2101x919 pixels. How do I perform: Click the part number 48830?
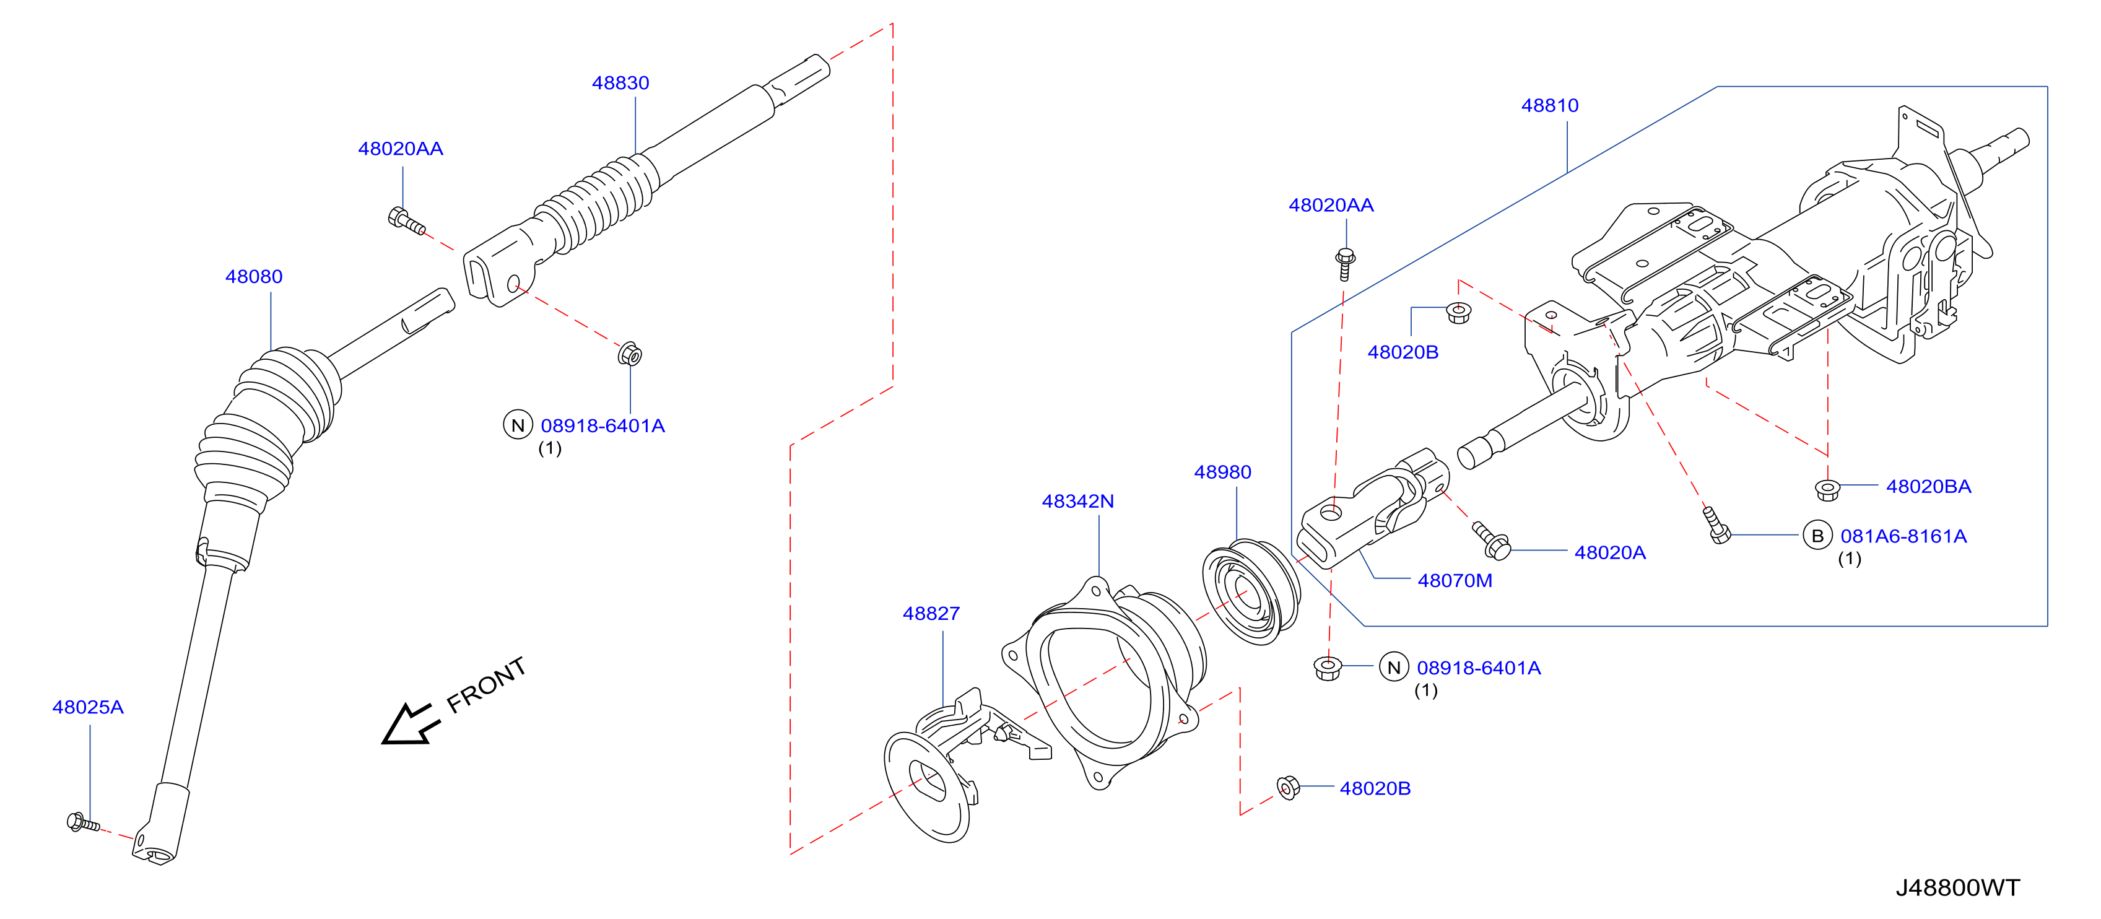(620, 82)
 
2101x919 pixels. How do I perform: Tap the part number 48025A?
(87, 707)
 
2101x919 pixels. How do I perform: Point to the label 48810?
(1550, 105)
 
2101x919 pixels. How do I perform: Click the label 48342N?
(1077, 502)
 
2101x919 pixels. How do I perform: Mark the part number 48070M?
(1455, 581)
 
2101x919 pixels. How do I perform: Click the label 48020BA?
(1928, 487)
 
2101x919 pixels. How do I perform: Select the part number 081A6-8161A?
(1903, 536)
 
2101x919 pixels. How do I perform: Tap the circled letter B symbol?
(1817, 536)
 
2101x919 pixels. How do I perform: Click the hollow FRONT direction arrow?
(411, 723)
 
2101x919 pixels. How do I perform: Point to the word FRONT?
(486, 685)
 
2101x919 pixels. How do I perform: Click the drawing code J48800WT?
(1957, 887)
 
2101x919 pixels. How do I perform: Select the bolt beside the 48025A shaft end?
(83, 823)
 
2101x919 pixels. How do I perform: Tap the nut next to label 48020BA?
(1827, 489)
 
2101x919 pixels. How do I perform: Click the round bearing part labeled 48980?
(1251, 591)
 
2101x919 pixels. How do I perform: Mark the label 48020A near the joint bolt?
(1610, 553)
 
